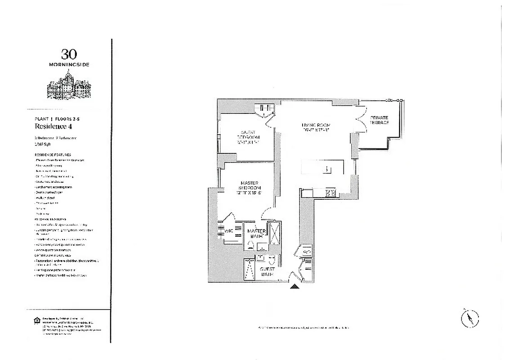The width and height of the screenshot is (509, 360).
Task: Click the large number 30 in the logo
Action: tap(69, 54)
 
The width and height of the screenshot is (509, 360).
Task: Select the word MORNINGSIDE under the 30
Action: tap(69, 65)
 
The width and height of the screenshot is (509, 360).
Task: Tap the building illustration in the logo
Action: tap(69, 87)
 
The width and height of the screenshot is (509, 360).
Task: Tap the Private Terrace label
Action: tap(380, 120)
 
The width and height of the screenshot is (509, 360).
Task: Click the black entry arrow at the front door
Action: tap(294, 286)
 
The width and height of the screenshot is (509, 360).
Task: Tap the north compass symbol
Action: tap(470, 319)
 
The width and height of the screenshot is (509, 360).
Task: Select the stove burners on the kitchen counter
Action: tap(330, 193)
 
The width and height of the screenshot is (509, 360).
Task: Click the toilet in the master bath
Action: tap(250, 245)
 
